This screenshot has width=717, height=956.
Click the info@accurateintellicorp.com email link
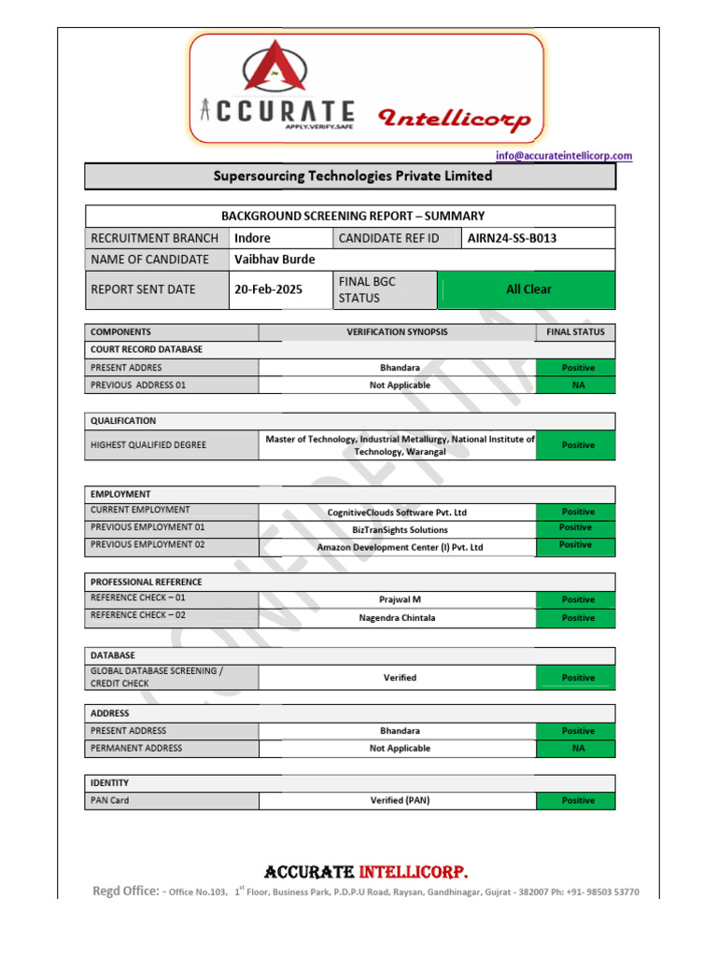click(x=563, y=156)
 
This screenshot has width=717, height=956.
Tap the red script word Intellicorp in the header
click(x=454, y=119)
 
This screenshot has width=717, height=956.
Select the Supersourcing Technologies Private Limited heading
click(x=352, y=176)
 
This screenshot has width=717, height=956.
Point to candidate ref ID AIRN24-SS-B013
click(x=513, y=238)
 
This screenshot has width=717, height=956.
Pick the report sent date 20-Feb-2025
click(x=268, y=289)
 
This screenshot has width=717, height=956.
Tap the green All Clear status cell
click(x=527, y=289)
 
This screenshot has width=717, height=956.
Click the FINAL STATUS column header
click(x=576, y=331)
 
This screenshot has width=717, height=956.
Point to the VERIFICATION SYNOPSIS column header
click(x=397, y=331)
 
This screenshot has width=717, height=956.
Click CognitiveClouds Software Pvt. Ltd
click(x=397, y=512)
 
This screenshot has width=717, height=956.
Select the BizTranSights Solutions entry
click(x=400, y=529)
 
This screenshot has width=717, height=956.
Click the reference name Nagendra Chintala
click(x=397, y=617)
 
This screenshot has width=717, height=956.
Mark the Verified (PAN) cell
click(x=400, y=800)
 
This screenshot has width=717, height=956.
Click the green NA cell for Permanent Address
click(x=577, y=748)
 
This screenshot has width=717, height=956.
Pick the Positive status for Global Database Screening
click(x=577, y=678)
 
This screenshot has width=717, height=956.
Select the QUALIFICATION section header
click(x=123, y=421)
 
